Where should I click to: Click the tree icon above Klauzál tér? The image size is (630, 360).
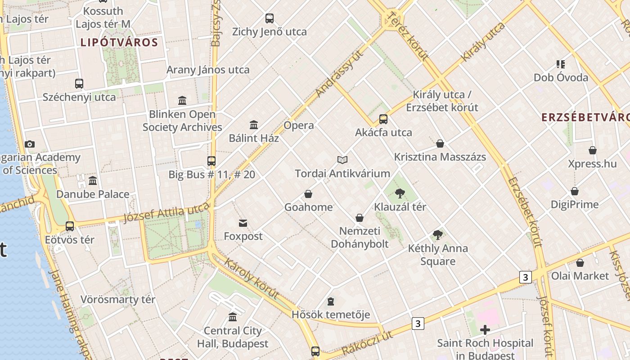coord(399,194)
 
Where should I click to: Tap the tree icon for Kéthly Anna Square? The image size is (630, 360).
coord(437,235)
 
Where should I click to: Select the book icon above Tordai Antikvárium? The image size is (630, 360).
coord(342,160)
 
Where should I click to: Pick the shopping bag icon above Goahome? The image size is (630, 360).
coord(308,194)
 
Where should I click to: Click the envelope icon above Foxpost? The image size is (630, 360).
coord(243,223)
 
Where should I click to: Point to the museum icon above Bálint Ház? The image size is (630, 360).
coord(254,125)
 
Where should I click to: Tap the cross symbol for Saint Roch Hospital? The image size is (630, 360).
coord(485,330)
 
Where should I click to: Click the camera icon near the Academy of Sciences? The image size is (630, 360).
coord(30,144)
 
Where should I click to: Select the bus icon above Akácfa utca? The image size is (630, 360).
coord(383,119)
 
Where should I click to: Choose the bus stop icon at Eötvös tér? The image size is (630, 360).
coord(70,226)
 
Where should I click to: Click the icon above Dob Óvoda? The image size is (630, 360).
coord(560,64)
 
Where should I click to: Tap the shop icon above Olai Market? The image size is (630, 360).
coord(580,263)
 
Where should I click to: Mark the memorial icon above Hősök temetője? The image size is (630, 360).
coord(331,301)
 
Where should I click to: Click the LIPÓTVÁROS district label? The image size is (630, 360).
coord(119,43)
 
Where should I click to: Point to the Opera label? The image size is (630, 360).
coord(299,126)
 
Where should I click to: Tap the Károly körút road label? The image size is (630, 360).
coord(252,279)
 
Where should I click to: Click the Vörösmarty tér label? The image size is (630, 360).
coord(118,299)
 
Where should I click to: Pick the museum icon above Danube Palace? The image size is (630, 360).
coord(93,181)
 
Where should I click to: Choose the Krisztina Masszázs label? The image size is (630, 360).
coord(440,157)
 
